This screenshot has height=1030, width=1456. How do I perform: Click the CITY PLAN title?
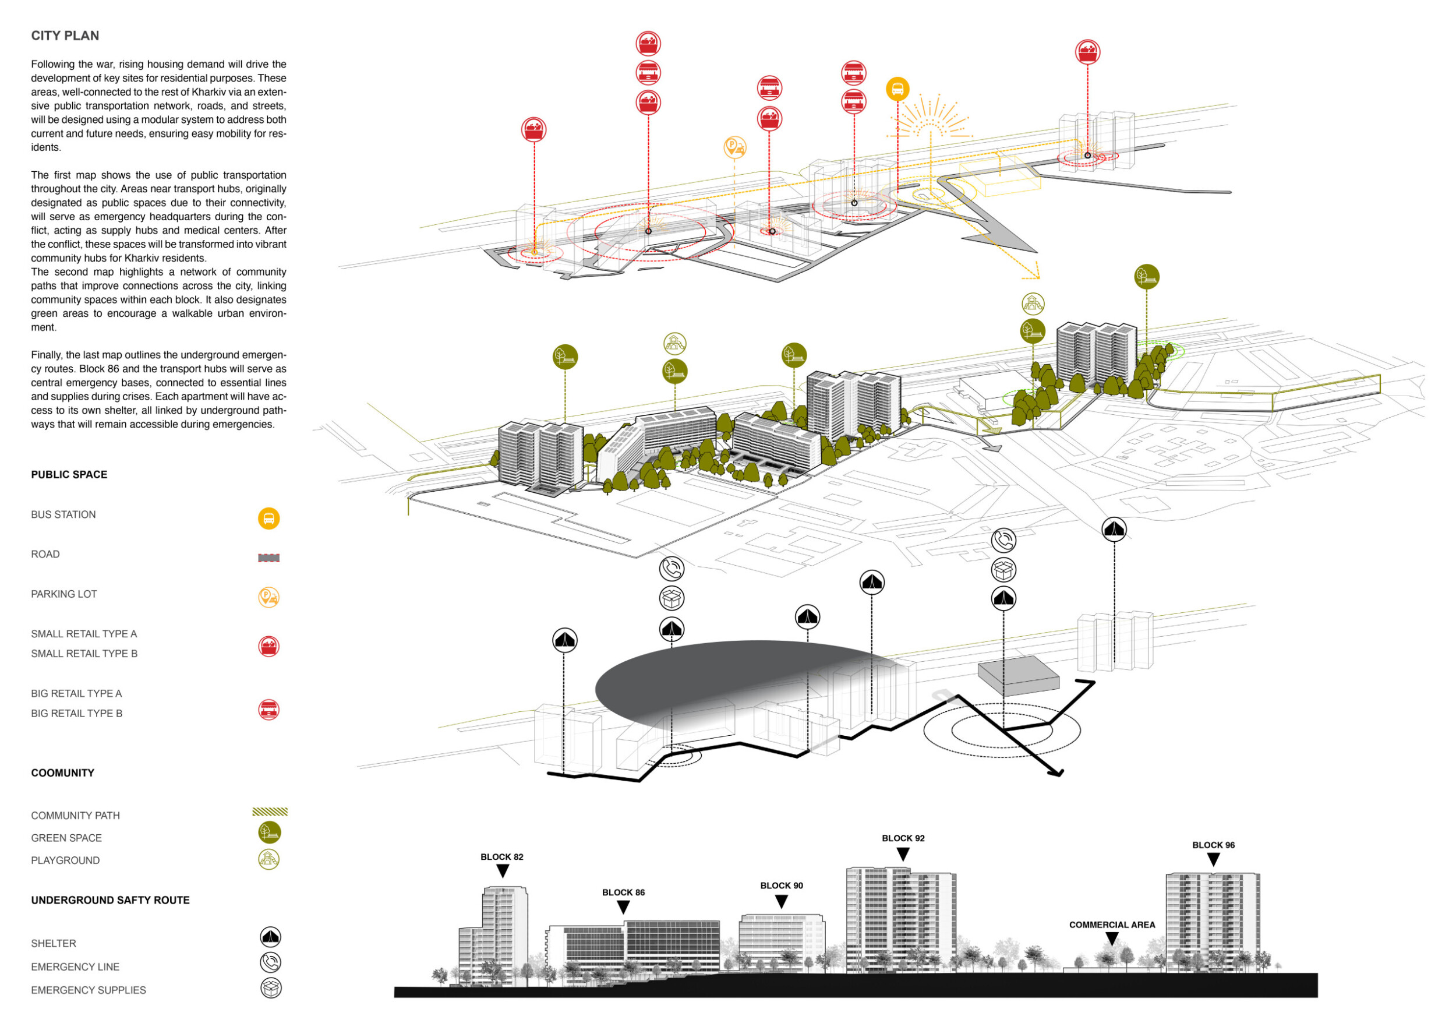point(65,36)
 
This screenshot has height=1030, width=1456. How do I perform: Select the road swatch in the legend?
point(269,558)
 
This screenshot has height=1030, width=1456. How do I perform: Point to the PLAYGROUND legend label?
point(65,860)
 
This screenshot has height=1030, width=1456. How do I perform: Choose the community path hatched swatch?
point(270,812)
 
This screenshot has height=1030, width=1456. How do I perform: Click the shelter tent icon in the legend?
point(271,937)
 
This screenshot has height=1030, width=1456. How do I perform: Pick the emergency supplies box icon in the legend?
point(271,988)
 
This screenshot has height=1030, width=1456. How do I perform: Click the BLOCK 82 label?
point(501,857)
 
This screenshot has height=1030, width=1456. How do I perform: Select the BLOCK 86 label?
point(623,893)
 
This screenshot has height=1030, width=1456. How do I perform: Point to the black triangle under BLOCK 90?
point(781,901)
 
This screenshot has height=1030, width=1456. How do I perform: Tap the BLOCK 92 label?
point(903,838)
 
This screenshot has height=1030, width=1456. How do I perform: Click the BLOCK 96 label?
point(1213,845)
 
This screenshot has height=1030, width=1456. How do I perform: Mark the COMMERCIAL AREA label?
point(1112,925)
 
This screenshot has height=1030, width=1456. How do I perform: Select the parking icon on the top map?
point(734,147)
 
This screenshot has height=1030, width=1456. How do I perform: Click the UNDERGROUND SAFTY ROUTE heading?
point(110,900)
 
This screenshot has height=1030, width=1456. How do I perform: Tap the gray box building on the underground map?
point(1018,676)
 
